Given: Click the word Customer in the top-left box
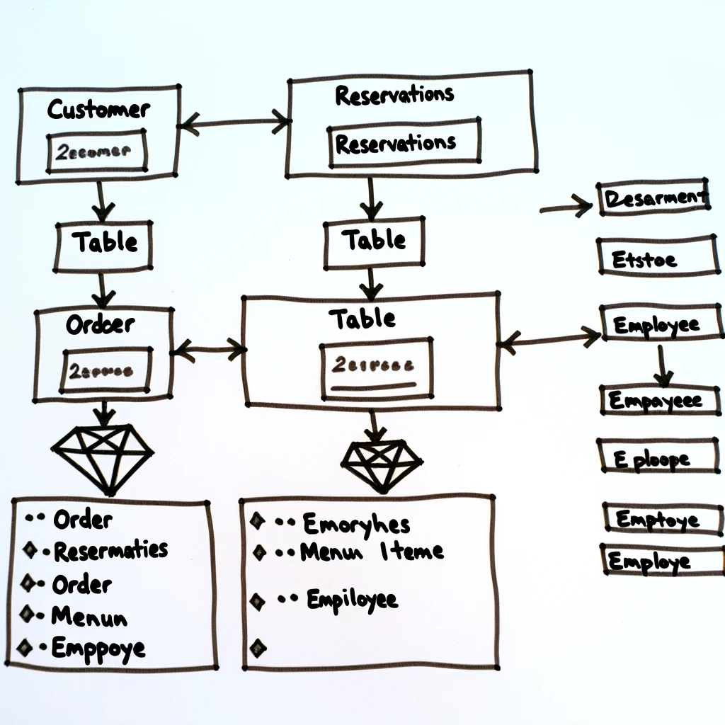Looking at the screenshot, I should coord(98,110).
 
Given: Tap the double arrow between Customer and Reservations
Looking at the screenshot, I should coord(234,123).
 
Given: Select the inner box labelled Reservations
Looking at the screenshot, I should coord(404,144).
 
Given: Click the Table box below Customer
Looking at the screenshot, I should coord(104,243).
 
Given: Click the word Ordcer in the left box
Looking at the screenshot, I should coord(101,325).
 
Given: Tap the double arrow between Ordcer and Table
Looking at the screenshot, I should coord(209,348).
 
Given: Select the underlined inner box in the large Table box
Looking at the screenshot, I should coord(375,366).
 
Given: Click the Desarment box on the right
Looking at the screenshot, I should coord(653,198).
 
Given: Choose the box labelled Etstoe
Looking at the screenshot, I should coord(657,258).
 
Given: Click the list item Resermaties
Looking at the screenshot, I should coord(110,550).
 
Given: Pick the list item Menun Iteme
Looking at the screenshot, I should coord(371,552).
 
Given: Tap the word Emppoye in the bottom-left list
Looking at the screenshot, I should coord(98,648).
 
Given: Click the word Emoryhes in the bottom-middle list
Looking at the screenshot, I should coord(356,525).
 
